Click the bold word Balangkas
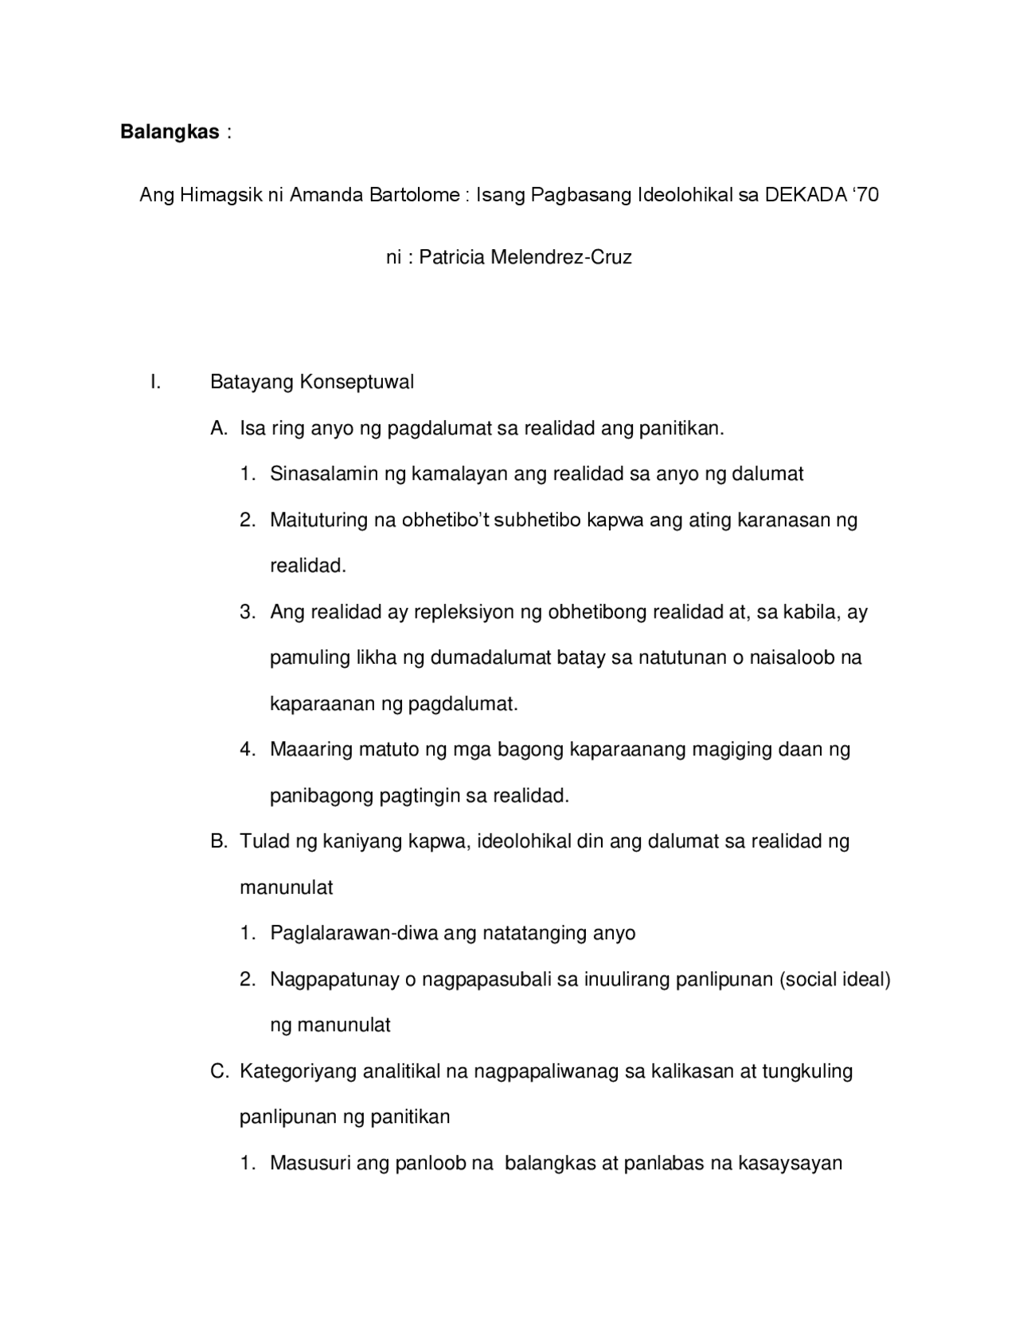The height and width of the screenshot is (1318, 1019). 170,132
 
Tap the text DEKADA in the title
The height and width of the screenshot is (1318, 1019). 801,195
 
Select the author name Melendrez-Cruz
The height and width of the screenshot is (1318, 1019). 561,258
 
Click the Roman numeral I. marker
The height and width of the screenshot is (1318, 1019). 155,382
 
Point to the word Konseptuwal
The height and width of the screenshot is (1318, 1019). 357,382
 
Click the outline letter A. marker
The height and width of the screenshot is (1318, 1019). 219,428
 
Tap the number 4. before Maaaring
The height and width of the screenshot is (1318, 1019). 248,750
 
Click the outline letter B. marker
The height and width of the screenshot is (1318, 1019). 219,841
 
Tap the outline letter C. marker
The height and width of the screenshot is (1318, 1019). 219,1071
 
